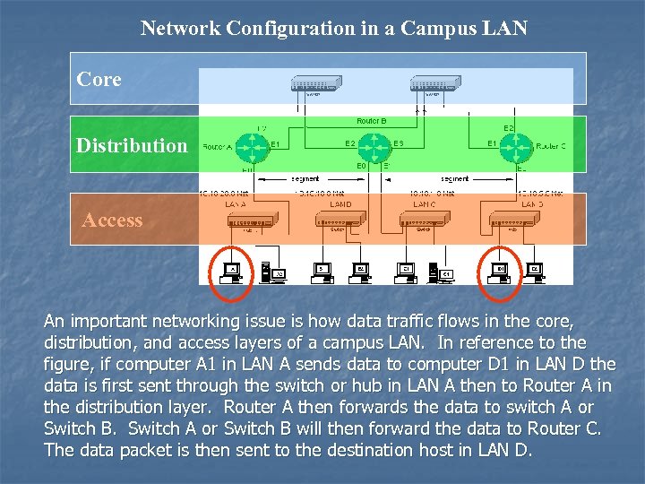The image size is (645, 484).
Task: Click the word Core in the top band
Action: [99, 80]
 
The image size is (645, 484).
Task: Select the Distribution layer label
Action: [132, 145]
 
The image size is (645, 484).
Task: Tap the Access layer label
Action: [112, 220]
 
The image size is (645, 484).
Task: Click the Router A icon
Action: [255, 145]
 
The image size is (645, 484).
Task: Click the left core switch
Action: [315, 84]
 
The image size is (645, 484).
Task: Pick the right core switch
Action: [435, 84]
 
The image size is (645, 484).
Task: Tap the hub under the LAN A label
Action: [252, 220]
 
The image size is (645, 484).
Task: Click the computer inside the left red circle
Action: [233, 271]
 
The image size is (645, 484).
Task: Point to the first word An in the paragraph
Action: [55, 321]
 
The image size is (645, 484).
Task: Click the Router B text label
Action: [371, 120]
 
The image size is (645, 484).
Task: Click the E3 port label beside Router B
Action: [399, 143]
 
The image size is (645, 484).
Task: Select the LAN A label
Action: [236, 205]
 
